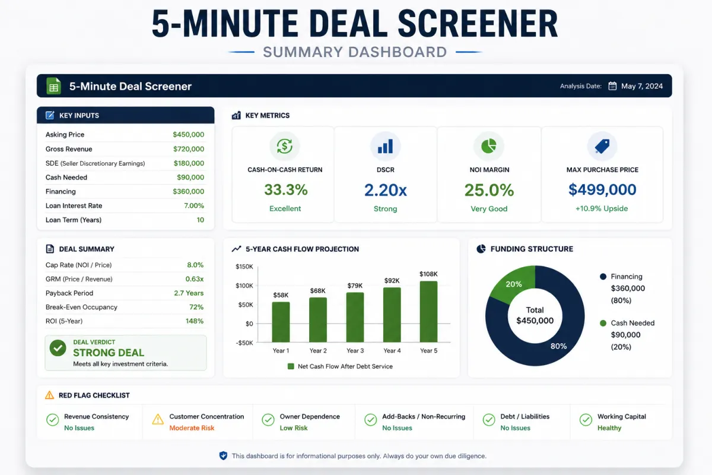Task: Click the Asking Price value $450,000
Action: point(188,135)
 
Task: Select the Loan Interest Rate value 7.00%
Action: point(194,205)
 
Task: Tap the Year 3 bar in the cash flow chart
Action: point(355,317)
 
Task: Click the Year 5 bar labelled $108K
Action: point(428,312)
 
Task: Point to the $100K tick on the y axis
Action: point(244,286)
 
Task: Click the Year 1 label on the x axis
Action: point(281,350)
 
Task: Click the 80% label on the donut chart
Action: point(558,346)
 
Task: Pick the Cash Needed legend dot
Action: point(603,323)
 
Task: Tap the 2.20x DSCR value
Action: point(385,190)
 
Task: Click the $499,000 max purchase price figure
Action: point(602,189)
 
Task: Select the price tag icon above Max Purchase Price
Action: point(602,146)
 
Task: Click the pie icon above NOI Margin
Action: point(489,146)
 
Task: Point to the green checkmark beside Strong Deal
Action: point(58,348)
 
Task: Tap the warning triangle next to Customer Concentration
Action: point(158,419)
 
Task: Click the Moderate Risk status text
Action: point(192,428)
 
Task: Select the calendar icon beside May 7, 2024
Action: point(612,86)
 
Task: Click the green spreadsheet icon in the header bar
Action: point(53,86)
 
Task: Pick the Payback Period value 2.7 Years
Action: point(189,293)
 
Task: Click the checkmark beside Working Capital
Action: point(586,420)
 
